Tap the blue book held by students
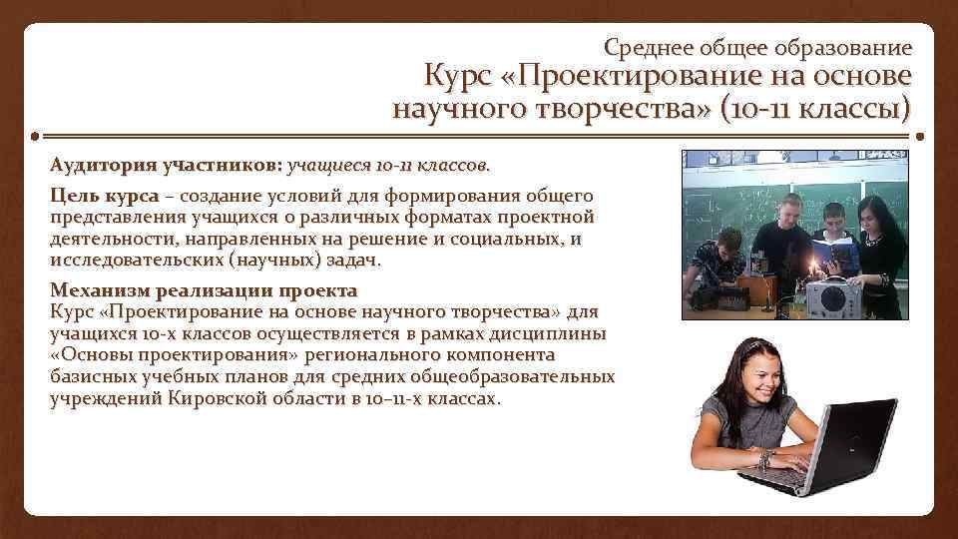click(832, 243)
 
